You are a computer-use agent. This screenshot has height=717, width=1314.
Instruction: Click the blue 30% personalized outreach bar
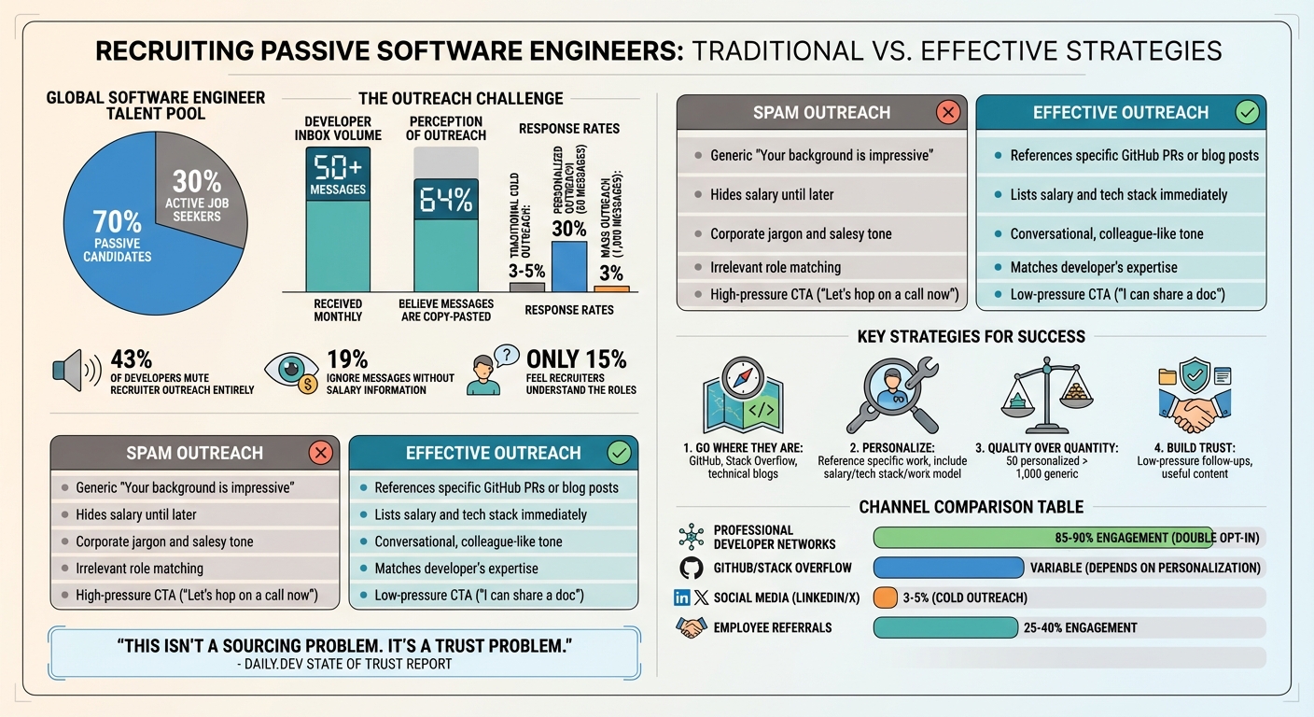(x=569, y=266)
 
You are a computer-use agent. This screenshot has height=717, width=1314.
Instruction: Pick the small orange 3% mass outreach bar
(x=611, y=288)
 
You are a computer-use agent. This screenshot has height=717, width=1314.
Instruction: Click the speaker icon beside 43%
(x=73, y=371)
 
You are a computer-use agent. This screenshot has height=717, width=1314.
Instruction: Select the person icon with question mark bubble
(x=487, y=371)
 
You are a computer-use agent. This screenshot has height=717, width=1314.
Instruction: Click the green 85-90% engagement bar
(x=1042, y=538)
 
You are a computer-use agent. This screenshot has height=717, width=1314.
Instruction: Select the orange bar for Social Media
(x=885, y=597)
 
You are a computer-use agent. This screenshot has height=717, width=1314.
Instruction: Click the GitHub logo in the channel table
(x=692, y=568)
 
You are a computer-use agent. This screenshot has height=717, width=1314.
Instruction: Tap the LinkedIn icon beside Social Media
(x=681, y=597)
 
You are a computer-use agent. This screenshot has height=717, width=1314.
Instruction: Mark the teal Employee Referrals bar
(x=944, y=627)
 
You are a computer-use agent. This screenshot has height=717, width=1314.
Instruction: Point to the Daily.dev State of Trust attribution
(x=344, y=664)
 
